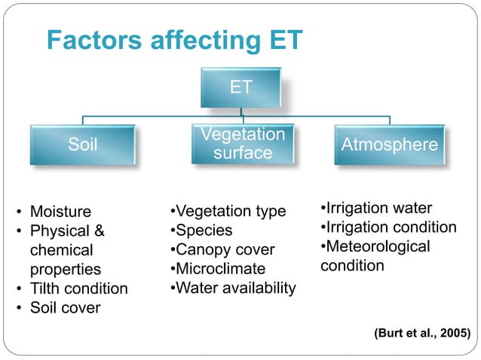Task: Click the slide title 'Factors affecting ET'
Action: pyautogui.click(x=174, y=41)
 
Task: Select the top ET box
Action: pyautogui.click(x=240, y=87)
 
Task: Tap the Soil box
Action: pyautogui.click(x=83, y=145)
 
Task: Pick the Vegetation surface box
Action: pyautogui.click(x=242, y=144)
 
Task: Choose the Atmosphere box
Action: pyautogui.click(x=389, y=145)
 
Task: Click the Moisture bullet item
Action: pyautogui.click(x=60, y=211)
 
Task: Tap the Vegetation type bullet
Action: pyautogui.click(x=228, y=211)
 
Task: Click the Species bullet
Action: pyautogui.click(x=202, y=230)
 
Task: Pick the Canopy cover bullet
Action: pyautogui.click(x=222, y=249)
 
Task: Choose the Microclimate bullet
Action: pyautogui.click(x=219, y=269)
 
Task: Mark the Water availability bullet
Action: pyautogui.click(x=234, y=288)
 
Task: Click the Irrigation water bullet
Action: pyautogui.click(x=377, y=207)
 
